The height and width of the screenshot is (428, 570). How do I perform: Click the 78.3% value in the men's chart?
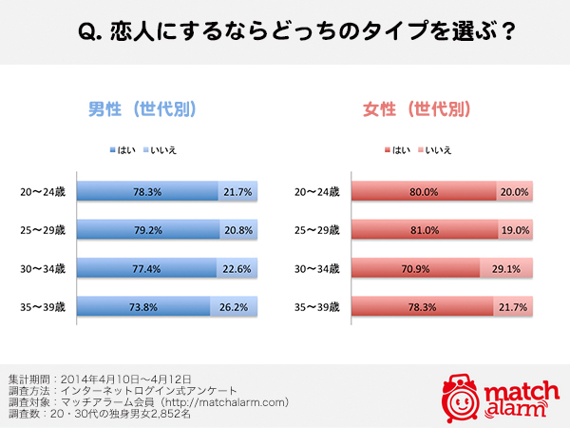click(147, 192)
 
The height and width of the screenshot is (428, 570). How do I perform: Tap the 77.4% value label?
click(147, 268)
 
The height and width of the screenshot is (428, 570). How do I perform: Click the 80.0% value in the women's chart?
click(424, 192)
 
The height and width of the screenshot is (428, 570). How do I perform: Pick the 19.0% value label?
click(514, 230)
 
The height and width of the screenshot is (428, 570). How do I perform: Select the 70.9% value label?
click(415, 268)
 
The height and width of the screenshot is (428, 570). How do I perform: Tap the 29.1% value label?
click(506, 268)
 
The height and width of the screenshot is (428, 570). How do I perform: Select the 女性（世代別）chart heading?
click(417, 109)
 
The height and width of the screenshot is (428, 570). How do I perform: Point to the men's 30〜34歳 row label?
click(42, 268)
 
